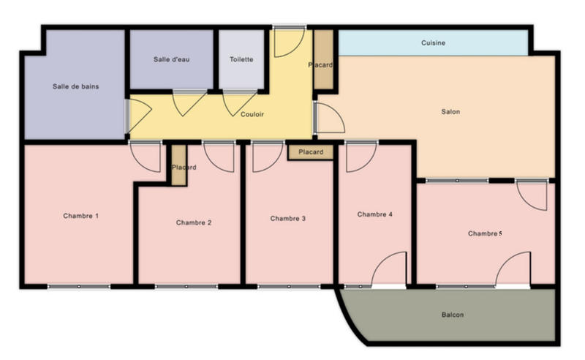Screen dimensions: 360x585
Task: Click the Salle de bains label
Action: pos(75,86)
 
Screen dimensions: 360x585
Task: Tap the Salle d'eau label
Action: pos(171,59)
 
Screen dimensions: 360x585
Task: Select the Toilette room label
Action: pos(241,59)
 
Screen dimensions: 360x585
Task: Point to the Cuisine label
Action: pos(433,43)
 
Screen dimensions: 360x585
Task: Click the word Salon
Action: pos(450,112)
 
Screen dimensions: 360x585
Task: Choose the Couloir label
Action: pos(252,115)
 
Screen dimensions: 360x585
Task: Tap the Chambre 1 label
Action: pos(80,216)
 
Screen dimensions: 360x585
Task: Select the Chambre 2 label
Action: pos(194,222)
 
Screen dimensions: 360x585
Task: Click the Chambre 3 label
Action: pos(288,218)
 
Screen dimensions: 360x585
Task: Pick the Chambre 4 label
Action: pos(375,214)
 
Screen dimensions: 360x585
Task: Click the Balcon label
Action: pos(453,315)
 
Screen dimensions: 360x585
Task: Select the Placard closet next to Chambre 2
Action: pos(178,166)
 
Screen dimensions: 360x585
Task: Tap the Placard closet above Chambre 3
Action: pos(311,152)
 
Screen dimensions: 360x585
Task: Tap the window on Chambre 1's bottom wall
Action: pos(79,286)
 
